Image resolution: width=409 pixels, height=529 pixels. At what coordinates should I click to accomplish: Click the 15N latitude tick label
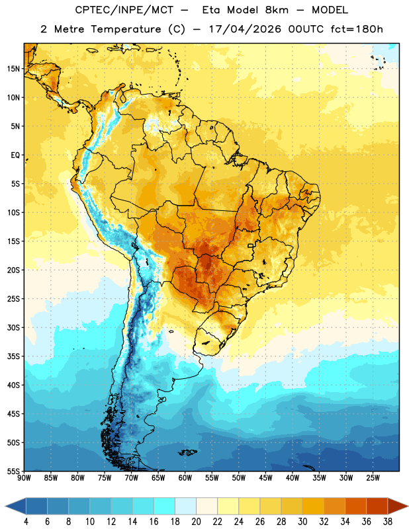pos(13,69)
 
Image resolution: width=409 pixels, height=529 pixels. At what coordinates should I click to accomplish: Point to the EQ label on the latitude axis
pos(15,155)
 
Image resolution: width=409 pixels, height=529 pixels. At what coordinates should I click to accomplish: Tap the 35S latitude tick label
pos(13,356)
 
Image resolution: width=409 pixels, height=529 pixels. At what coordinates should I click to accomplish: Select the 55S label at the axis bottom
pos(13,471)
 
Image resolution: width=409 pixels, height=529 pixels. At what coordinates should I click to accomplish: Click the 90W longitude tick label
pos(24,478)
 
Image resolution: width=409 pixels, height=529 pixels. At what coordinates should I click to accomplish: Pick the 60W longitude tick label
pos(185,478)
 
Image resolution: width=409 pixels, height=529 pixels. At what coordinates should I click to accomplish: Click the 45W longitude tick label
pos(265,478)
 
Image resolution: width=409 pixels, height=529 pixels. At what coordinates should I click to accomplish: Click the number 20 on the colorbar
pos(196,522)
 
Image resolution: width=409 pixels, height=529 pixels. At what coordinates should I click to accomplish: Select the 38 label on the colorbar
pos(387,522)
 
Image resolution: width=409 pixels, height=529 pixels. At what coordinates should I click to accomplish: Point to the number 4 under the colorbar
pos(26,522)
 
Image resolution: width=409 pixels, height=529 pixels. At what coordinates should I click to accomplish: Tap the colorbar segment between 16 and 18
pos(165,506)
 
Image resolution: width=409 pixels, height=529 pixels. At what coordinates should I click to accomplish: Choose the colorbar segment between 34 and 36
pos(355,506)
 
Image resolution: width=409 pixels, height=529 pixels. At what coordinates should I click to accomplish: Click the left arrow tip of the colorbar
pos(5,506)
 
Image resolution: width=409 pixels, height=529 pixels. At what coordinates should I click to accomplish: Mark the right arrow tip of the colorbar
pos(408,506)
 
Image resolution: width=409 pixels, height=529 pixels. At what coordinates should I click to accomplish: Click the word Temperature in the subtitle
pos(126,29)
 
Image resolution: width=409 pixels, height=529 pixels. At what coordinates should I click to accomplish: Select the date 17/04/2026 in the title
pos(245,29)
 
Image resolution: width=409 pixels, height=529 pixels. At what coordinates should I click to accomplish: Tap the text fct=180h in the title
pos(357,29)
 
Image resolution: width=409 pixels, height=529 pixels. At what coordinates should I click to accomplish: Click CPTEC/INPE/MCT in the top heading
pos(124,10)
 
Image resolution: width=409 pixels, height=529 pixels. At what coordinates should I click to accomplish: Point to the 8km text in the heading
pos(277,10)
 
